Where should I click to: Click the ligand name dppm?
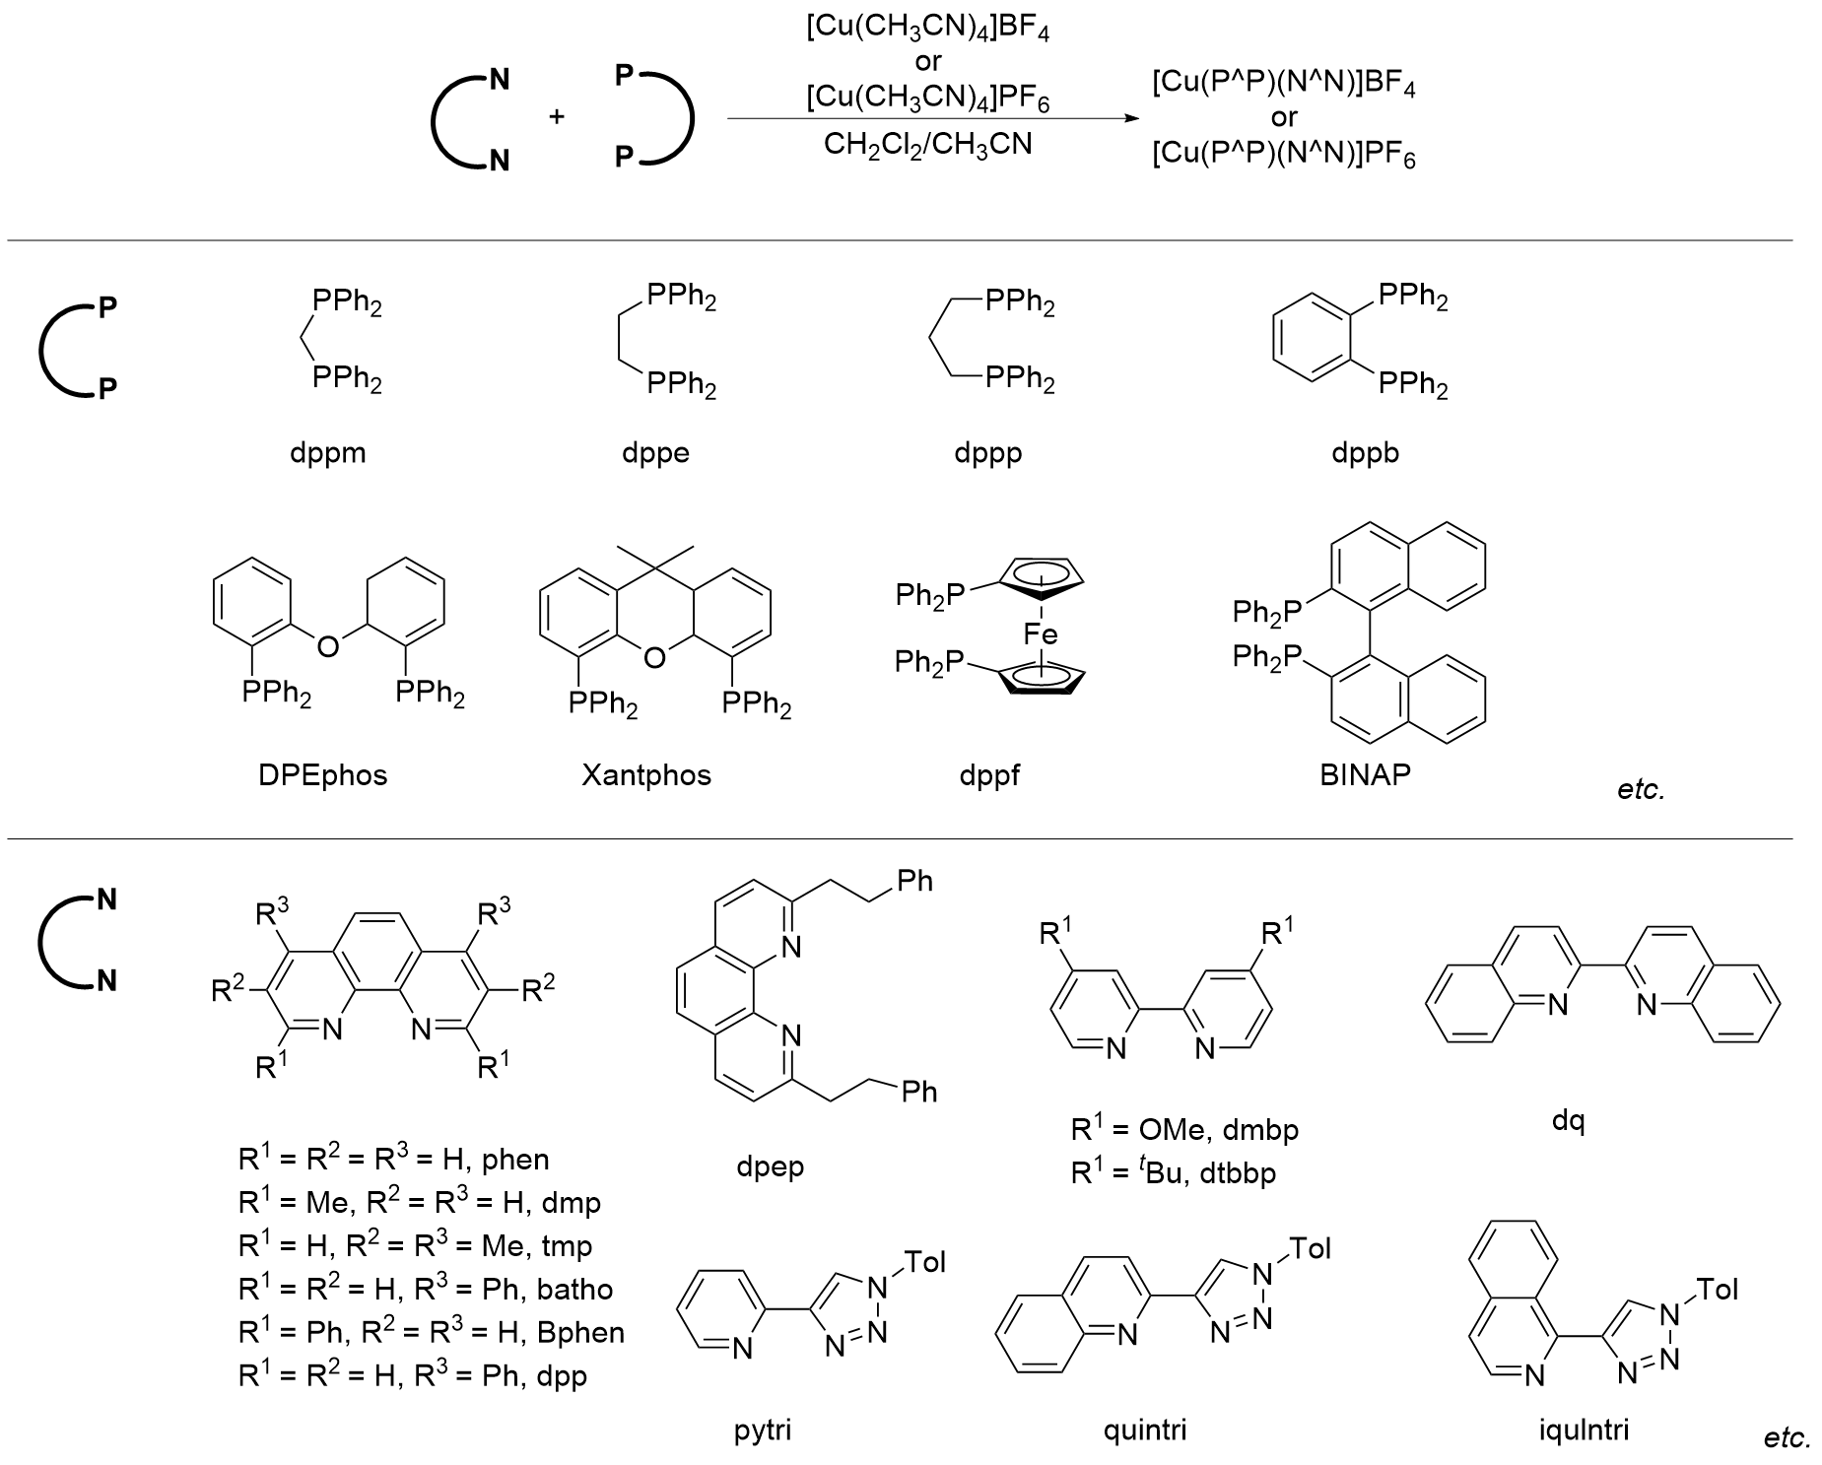coord(328,453)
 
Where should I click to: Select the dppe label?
coord(655,453)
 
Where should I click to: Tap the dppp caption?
coord(987,453)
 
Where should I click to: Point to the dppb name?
coord(1365,453)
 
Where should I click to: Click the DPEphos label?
coord(322,775)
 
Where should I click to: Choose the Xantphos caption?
coord(645,775)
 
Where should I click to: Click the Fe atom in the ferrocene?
coord(1041,633)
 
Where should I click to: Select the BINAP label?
coord(1365,774)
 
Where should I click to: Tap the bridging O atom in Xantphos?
coord(654,656)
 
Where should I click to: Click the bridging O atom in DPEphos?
coord(327,646)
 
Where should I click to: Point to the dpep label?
coord(770,1167)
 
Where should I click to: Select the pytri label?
coord(763,1430)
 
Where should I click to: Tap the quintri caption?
coord(1144,1430)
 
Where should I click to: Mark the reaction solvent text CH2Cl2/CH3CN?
coord(927,146)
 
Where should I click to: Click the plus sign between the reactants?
coord(557,117)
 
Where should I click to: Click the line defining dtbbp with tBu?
coord(1173,1173)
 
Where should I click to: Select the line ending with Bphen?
coord(432,1333)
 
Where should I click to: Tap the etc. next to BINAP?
coord(1641,789)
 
